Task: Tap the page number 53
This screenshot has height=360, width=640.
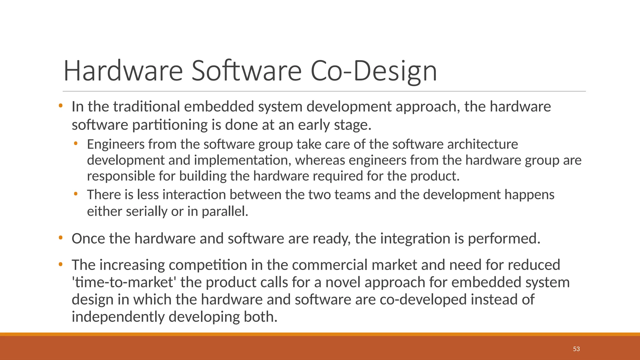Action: click(576, 349)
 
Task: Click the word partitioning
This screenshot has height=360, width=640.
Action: click(170, 125)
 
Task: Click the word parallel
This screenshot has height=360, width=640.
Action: click(225, 212)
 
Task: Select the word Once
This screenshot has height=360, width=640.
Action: click(88, 239)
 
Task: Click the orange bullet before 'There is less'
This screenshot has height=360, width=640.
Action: click(75, 194)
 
